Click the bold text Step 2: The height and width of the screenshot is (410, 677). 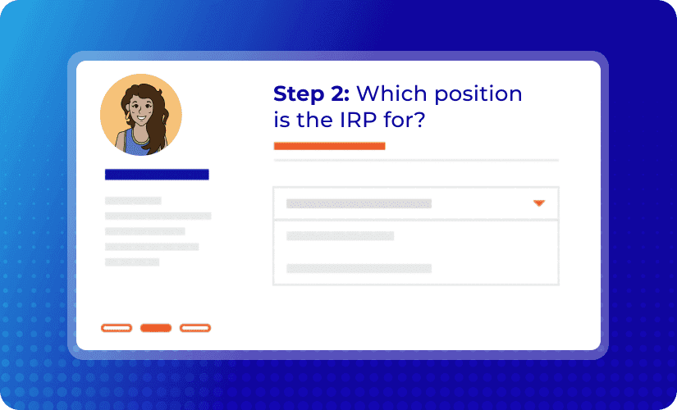tap(311, 93)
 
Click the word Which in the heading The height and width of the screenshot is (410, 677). tap(392, 93)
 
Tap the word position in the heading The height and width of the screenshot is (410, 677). tap(478, 94)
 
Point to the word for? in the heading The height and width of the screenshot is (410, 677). tap(405, 120)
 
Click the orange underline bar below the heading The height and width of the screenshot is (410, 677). tap(329, 146)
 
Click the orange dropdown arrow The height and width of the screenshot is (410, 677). tap(539, 203)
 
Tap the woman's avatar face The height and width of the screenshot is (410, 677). tap(141, 108)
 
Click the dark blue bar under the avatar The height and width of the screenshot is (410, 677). tap(157, 175)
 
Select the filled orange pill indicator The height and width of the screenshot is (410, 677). tap(156, 328)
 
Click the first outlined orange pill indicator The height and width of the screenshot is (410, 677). tap(117, 328)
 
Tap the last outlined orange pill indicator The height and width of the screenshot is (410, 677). tap(195, 328)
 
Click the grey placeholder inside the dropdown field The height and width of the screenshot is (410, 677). tap(359, 203)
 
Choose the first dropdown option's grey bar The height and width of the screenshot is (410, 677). tap(341, 235)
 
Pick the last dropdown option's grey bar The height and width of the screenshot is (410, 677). tap(359, 268)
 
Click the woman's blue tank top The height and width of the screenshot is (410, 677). tap(136, 143)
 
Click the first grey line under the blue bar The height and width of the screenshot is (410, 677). tap(133, 201)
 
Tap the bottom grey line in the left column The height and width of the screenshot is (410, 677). tap(132, 262)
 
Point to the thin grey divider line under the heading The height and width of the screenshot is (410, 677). tap(416, 160)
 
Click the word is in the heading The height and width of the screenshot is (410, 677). tap(281, 120)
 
